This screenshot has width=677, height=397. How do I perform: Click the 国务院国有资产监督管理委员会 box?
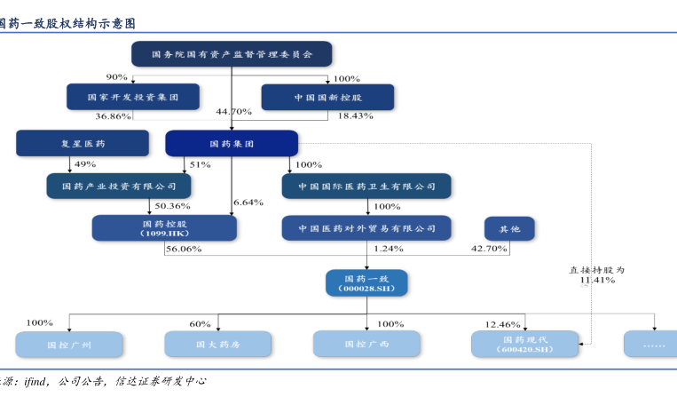point(232,55)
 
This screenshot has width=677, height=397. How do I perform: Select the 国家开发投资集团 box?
point(132,96)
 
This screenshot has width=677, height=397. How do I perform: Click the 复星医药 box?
point(83,142)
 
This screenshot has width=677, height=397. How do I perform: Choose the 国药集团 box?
point(232,143)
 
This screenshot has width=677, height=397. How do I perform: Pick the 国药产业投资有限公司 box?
point(119,186)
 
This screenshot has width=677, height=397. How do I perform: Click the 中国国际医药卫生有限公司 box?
point(366,187)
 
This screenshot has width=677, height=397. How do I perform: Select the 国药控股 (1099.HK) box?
point(164,228)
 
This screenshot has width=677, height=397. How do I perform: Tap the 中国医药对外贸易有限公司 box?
point(366,228)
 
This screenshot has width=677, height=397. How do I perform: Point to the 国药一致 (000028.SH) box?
point(366,282)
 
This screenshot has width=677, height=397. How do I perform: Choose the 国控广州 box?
point(67,344)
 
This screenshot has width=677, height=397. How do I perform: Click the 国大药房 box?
point(218,344)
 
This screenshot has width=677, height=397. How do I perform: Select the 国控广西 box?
point(366,344)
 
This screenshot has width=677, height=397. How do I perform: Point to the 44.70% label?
point(234,112)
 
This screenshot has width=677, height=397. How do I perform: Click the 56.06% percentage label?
point(184,250)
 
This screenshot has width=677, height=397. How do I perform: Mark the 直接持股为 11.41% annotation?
point(597,274)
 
